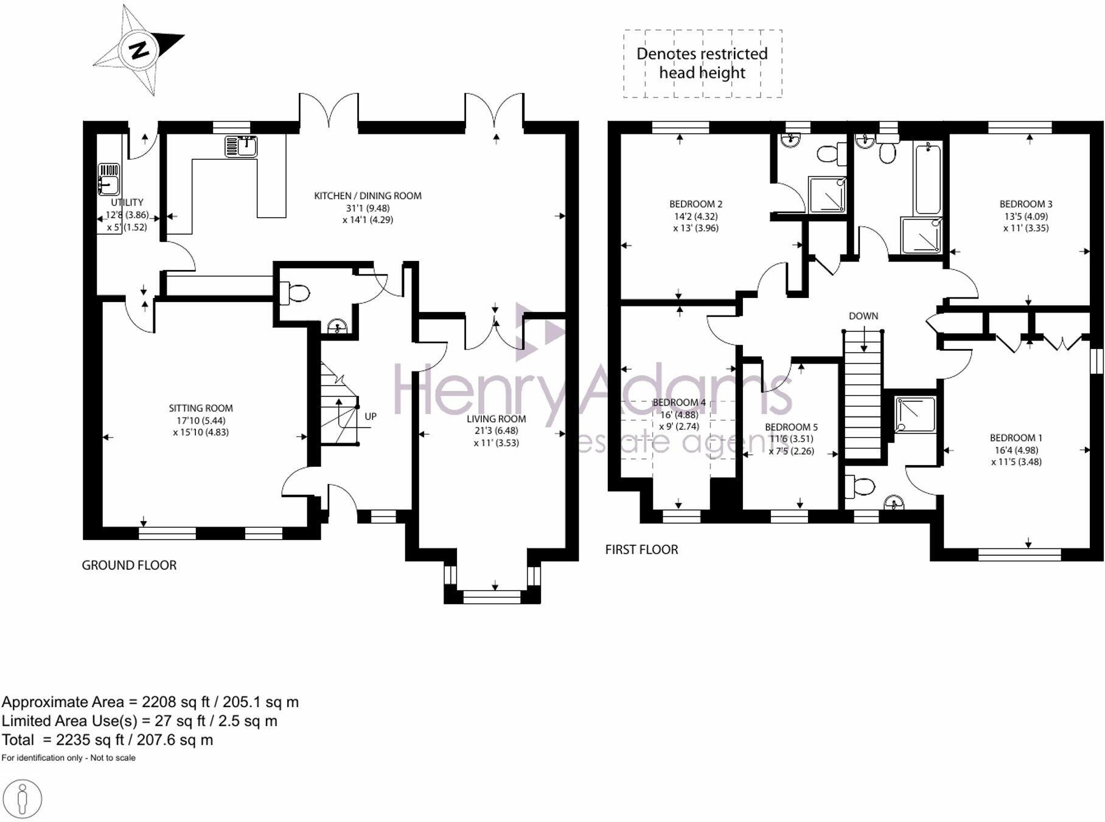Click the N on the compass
pyautogui.click(x=140, y=50)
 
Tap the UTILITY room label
pyautogui.click(x=127, y=202)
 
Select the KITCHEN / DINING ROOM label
pyautogui.click(x=368, y=196)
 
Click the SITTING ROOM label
pyautogui.click(x=201, y=409)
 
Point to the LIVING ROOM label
pyautogui.click(x=496, y=419)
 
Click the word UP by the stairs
pyautogui.click(x=371, y=417)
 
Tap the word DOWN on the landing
pyautogui.click(x=863, y=316)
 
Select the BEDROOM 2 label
pyautogui.click(x=695, y=204)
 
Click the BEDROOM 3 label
pyautogui.click(x=1026, y=204)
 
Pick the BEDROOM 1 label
pyautogui.click(x=1016, y=438)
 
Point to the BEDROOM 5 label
pyautogui.click(x=791, y=427)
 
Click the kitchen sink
pyautogui.click(x=242, y=146)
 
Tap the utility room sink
pyautogui.click(x=109, y=179)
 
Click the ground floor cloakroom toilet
pyautogui.click(x=294, y=293)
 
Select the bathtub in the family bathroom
pyautogui.click(x=928, y=178)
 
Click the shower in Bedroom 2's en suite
pyautogui.click(x=827, y=195)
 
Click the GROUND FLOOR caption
pyautogui.click(x=129, y=565)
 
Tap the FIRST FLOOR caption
pyautogui.click(x=641, y=550)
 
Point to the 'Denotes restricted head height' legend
pyautogui.click(x=702, y=63)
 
